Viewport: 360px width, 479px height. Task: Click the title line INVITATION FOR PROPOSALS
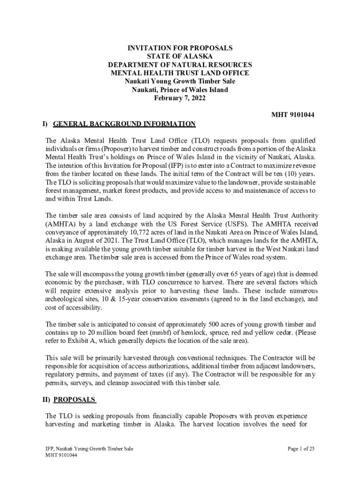point(180,48)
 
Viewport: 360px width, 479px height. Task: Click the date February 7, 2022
point(180,98)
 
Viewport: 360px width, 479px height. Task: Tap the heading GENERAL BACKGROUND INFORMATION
point(124,124)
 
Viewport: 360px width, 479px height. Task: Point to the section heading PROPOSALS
point(75,400)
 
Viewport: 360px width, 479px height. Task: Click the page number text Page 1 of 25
point(301,449)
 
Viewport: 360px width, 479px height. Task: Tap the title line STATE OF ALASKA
point(180,57)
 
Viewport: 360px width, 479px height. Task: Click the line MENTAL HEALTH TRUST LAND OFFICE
point(180,73)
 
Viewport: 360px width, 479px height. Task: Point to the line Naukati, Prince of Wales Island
point(180,90)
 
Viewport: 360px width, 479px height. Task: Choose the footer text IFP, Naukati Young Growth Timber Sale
point(89,449)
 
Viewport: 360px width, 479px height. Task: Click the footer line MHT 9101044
point(61,455)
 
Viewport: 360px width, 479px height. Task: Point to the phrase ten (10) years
point(297,174)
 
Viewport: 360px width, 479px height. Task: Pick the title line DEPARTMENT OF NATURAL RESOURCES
point(180,65)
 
